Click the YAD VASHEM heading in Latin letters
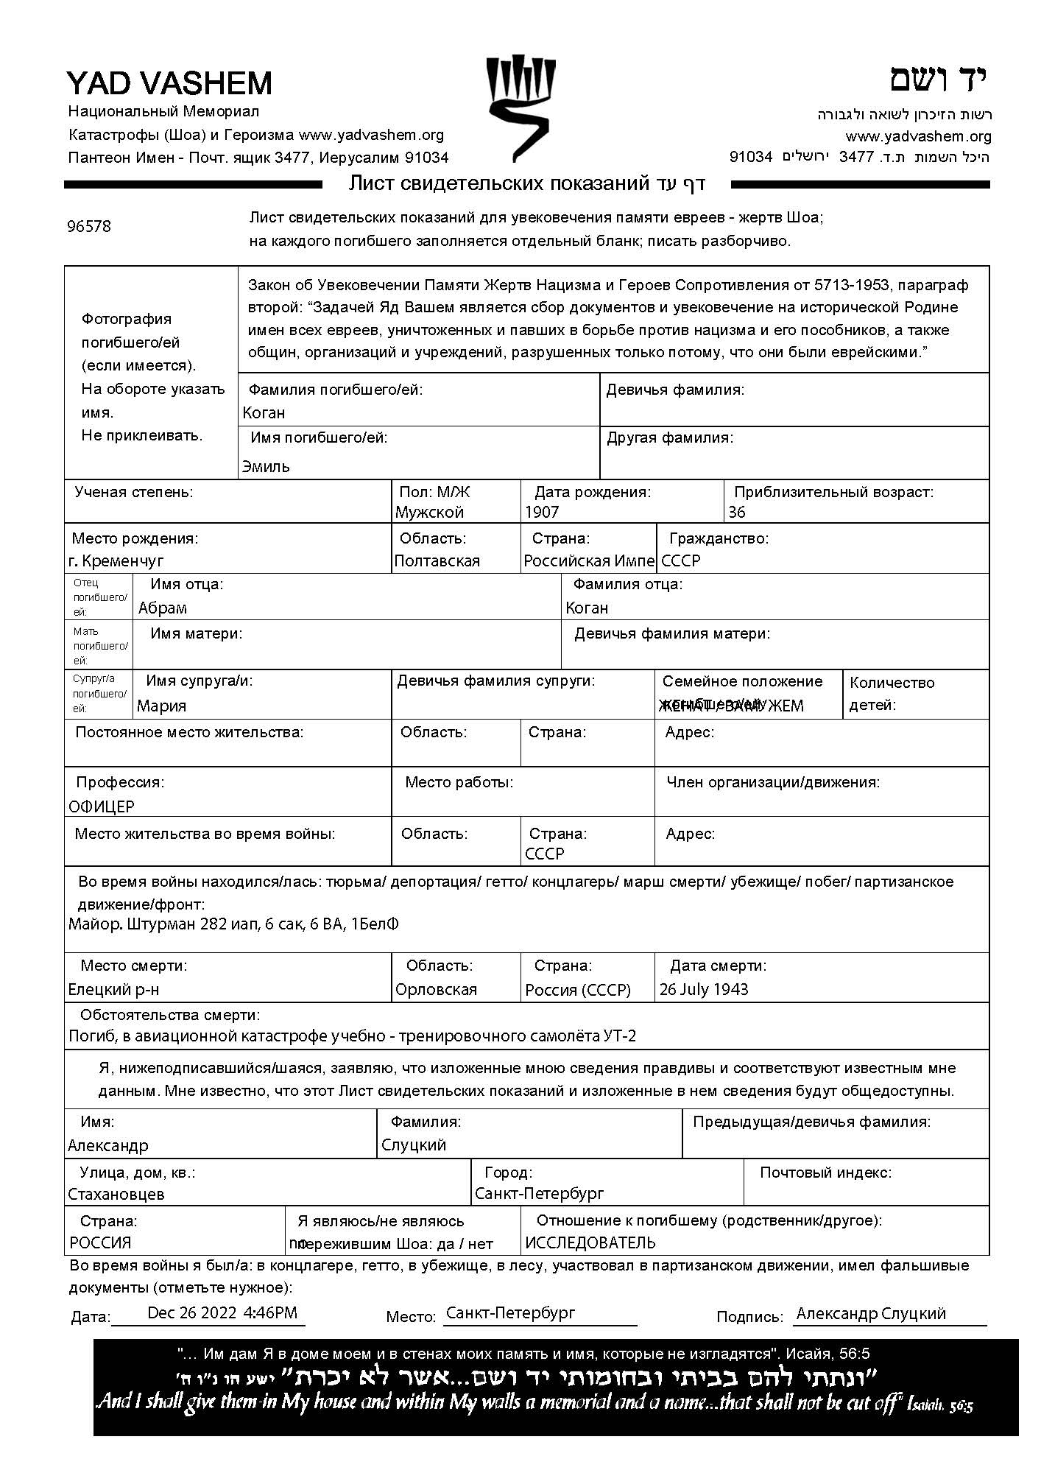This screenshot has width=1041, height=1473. [169, 83]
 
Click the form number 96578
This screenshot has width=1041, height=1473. [89, 227]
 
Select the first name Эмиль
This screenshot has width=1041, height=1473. [267, 466]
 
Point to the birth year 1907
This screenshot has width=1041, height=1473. [542, 513]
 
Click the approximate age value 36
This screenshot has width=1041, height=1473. [737, 513]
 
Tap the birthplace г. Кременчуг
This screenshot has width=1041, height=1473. [116, 561]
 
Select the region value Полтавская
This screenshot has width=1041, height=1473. [437, 561]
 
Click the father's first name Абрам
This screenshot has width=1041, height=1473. [163, 608]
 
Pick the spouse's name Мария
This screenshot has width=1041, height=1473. [162, 706]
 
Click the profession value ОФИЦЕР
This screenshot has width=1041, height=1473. [102, 807]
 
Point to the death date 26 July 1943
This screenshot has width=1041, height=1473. [704, 990]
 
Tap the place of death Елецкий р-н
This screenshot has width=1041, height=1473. [113, 990]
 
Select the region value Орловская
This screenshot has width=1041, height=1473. [437, 990]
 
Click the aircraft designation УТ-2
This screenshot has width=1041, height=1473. [620, 1036]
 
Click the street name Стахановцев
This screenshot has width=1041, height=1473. [116, 1194]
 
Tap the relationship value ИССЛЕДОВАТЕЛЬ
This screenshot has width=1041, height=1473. [590, 1243]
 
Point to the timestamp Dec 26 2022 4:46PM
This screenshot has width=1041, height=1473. [222, 1312]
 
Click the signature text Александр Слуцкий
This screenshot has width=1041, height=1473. [871, 1314]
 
